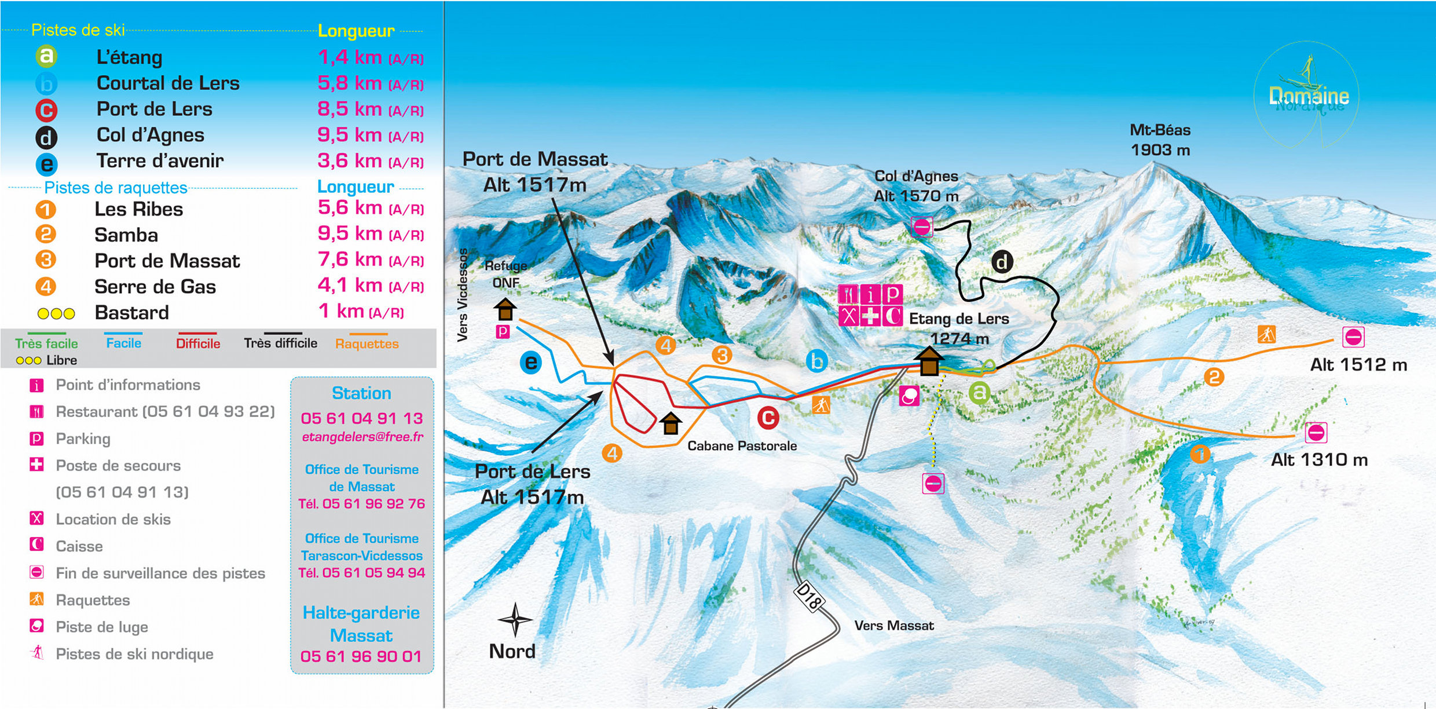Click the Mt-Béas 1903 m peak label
[x=1160, y=140]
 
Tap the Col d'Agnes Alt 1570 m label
[x=916, y=186]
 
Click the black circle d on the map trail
[x=1002, y=262]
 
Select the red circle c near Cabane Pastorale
[x=768, y=418]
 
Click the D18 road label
[x=808, y=597]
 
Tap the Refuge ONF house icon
[x=505, y=309]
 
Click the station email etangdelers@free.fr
[x=362, y=437]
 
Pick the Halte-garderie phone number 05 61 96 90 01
[x=361, y=656]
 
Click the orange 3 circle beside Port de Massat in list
[x=46, y=260]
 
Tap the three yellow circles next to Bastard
[x=56, y=313]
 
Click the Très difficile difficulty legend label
[x=280, y=343]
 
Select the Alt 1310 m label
[x=1319, y=460]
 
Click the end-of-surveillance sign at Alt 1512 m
[x=1353, y=337]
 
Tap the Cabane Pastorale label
[x=742, y=446]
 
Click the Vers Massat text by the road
[x=894, y=626]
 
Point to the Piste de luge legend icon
[x=36, y=626]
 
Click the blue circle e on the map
[x=530, y=363]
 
